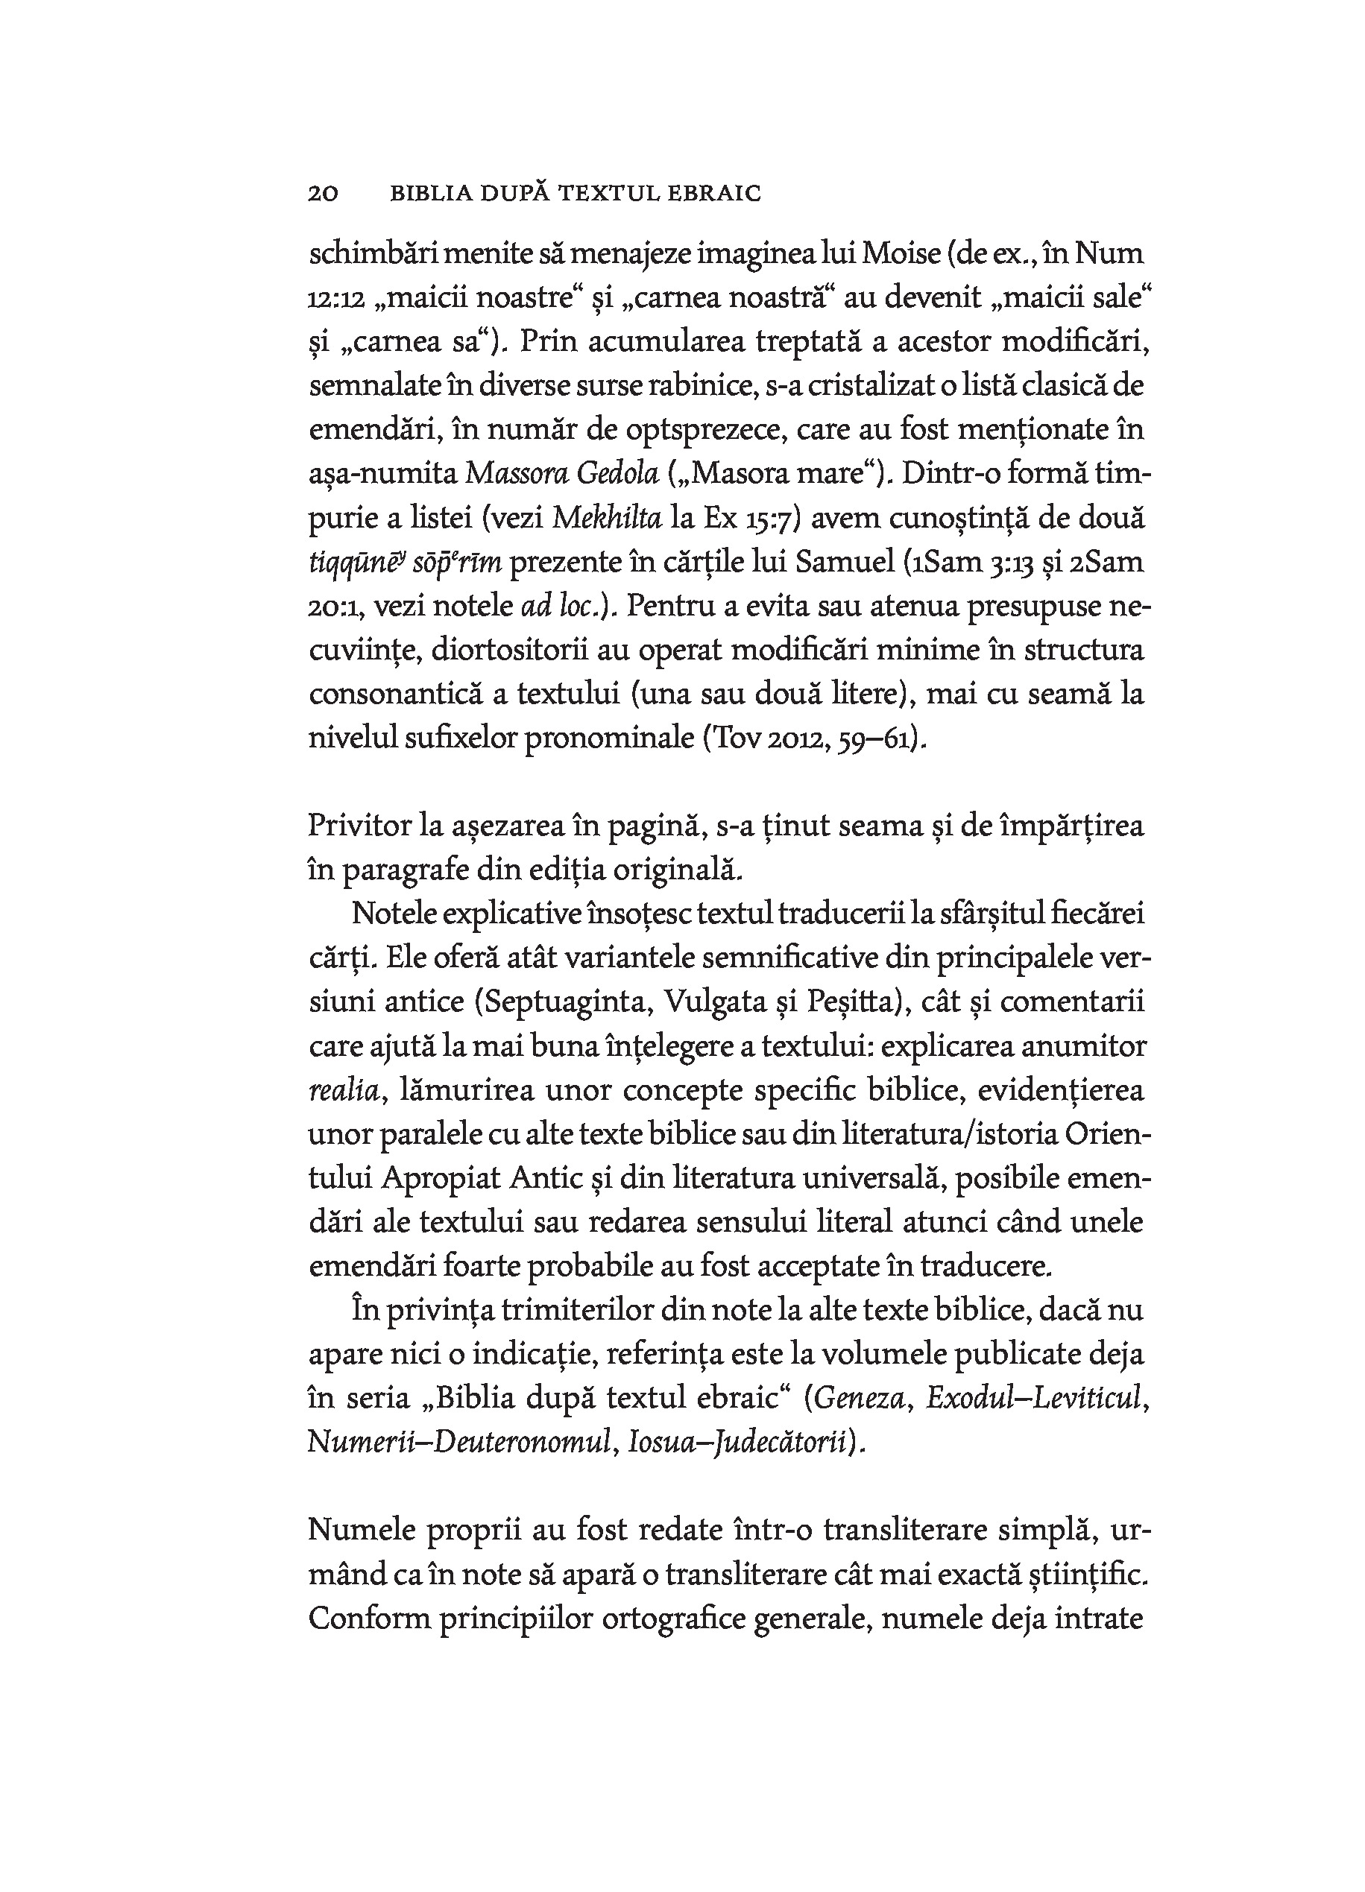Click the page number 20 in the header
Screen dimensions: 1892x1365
323,194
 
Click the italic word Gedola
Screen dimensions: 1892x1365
618,474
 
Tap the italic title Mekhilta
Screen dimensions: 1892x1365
607,518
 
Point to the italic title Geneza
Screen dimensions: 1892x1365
860,1398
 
